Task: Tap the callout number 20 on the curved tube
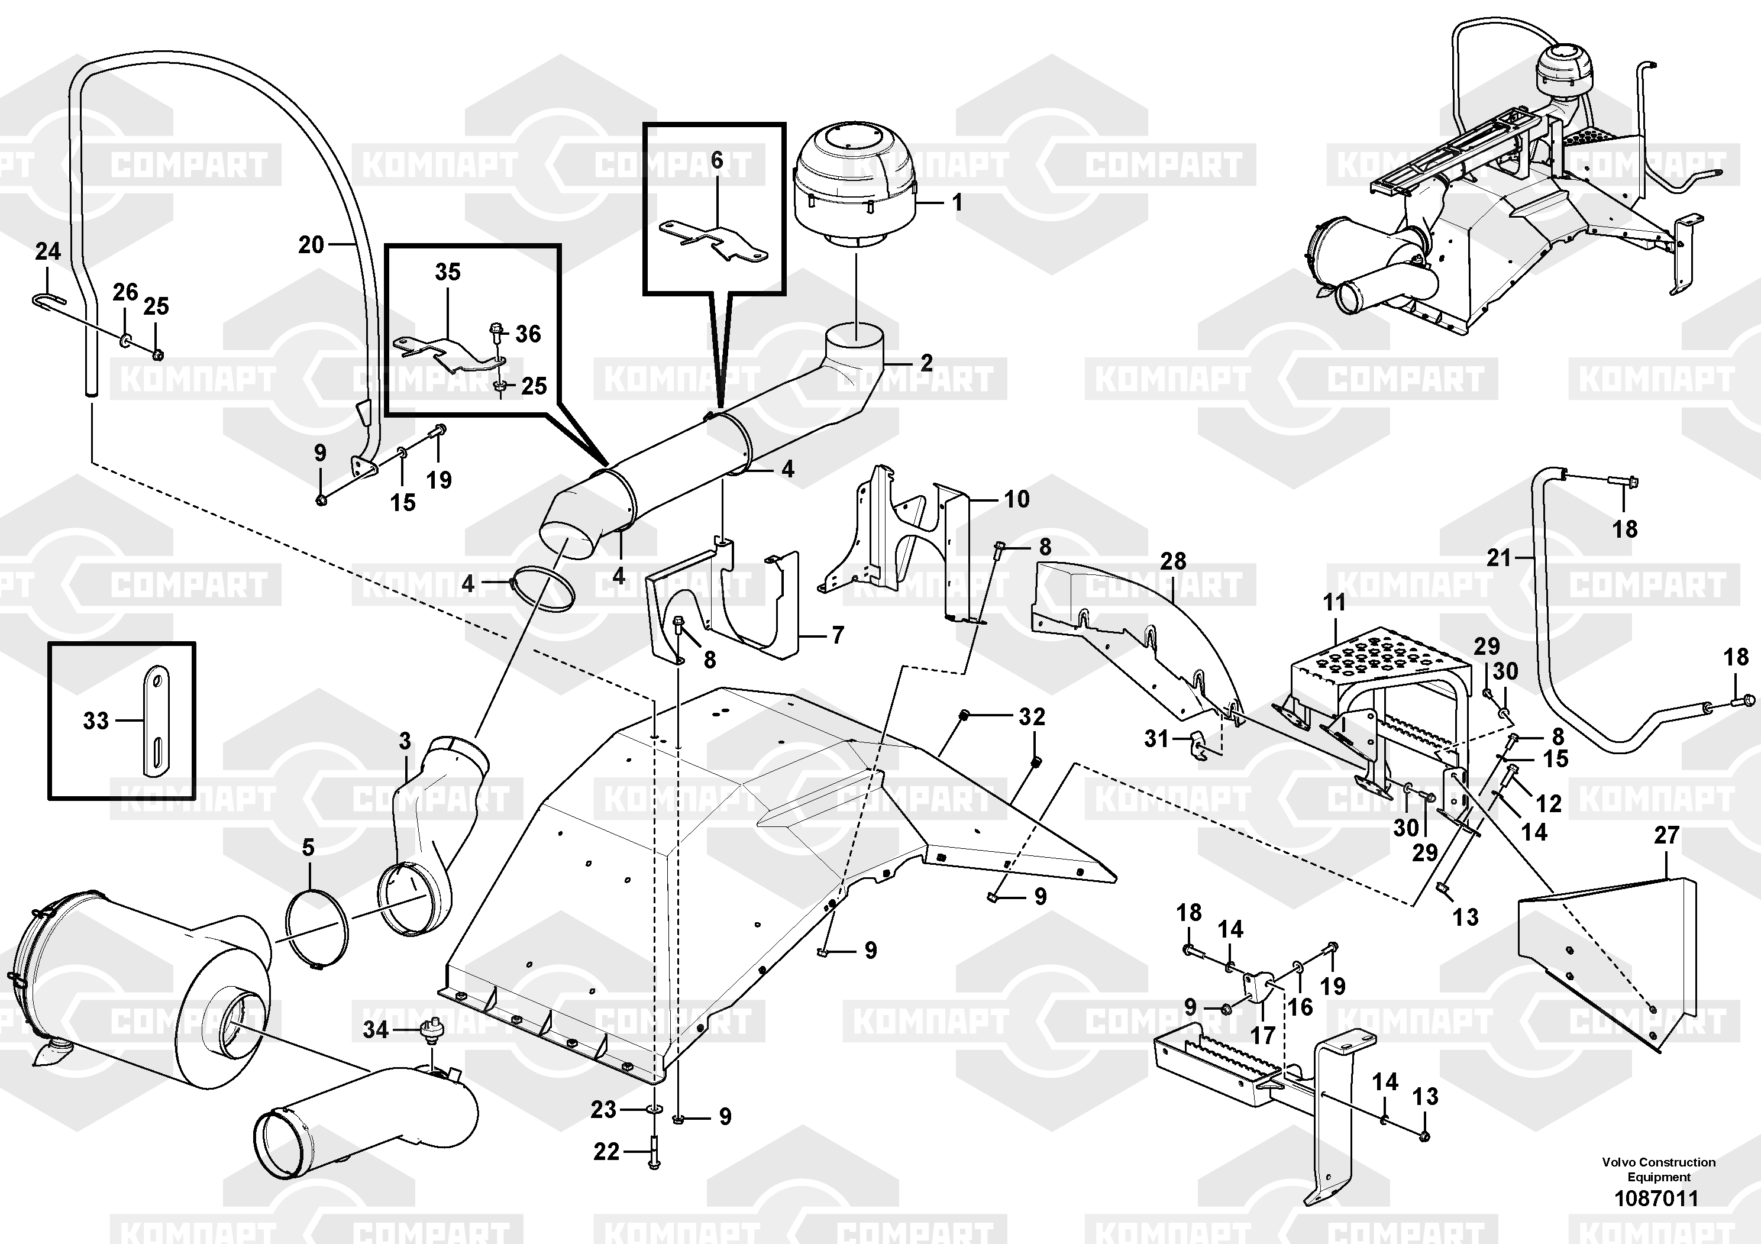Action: tap(311, 245)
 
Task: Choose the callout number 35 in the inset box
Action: tap(448, 272)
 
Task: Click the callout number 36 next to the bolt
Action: tap(528, 334)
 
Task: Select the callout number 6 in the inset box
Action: tap(716, 160)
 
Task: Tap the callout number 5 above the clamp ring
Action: tap(308, 848)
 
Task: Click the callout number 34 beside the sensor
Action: tap(376, 1029)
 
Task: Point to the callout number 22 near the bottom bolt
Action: tap(606, 1151)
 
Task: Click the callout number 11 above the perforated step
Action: tap(1335, 603)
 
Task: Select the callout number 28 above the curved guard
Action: tap(1174, 561)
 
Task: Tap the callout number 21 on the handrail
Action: tap(1499, 558)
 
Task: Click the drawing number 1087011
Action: tap(1657, 1198)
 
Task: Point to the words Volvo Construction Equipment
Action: tap(1658, 1169)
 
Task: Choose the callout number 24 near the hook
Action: tap(47, 251)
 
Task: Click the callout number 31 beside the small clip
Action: tap(1156, 739)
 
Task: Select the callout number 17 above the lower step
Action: tap(1262, 1035)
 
